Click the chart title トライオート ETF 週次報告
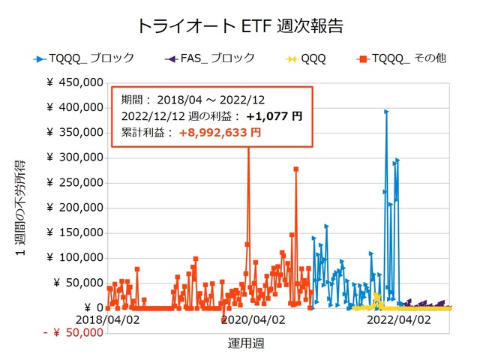240,25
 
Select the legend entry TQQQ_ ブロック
90,57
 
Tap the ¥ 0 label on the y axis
88,307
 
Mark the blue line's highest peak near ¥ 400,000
386,112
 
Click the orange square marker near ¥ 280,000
296,169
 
